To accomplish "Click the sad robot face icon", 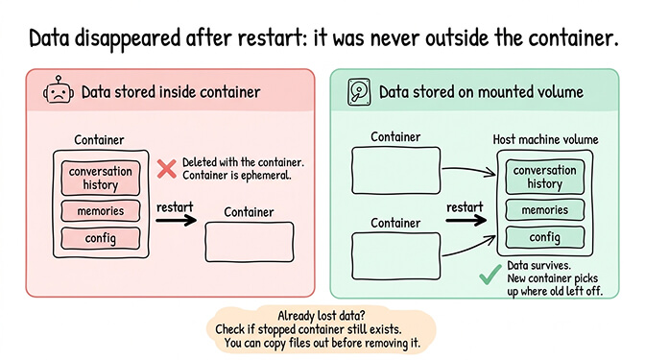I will point(59,92).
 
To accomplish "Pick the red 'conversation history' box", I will point(101,177).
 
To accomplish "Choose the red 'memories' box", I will point(101,210).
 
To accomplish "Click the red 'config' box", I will point(101,236).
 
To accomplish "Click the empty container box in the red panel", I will point(248,241).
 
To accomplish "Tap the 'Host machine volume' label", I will point(545,140).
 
